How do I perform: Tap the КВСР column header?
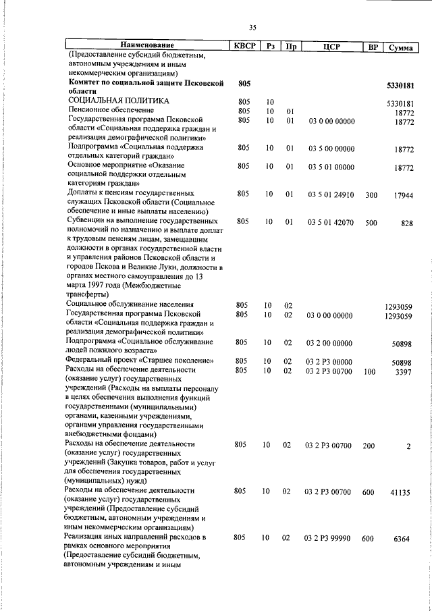point(244,46)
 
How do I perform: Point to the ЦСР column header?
point(330,47)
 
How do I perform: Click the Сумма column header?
point(400,47)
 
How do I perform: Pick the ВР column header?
point(372,47)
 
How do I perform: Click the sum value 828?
point(406,223)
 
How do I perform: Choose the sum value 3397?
point(404,372)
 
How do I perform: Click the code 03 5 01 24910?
point(330,194)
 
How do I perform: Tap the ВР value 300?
point(371,194)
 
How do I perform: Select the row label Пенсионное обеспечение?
point(111,109)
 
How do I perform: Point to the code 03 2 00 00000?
point(330,344)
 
